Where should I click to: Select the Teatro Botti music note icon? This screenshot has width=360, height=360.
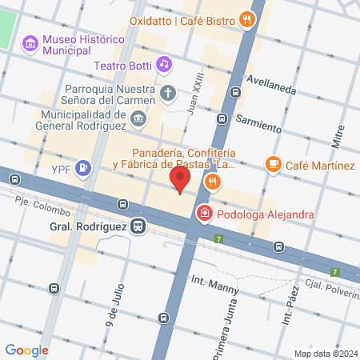164,62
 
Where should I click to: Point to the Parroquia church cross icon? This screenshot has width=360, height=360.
168,93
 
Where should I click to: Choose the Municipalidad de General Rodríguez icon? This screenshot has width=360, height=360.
139,119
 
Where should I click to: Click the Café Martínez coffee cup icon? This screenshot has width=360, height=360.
274,164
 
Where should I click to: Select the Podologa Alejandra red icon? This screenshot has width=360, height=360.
205,214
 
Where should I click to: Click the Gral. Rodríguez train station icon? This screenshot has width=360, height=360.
139,226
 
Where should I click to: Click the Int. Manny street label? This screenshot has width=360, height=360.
210,281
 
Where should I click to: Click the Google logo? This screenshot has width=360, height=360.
26,350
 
